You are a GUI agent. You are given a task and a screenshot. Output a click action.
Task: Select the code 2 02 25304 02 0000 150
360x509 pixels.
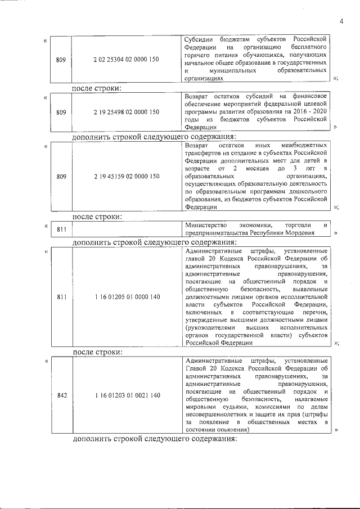127,60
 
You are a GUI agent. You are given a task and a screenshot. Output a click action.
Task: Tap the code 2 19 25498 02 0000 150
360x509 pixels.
127,112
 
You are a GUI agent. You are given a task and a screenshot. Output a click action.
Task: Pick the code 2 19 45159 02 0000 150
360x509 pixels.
127,177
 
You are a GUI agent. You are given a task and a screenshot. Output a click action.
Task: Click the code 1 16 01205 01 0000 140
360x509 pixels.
127,296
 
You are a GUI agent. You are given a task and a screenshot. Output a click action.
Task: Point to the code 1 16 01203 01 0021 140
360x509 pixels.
127,395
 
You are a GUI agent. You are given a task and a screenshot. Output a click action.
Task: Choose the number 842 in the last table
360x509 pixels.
62,395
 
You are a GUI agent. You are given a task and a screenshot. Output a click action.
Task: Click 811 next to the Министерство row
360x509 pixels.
62,229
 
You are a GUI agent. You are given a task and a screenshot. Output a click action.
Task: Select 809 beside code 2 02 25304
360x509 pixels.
62,60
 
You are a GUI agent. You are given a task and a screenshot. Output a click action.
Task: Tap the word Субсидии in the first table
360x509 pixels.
200,39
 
